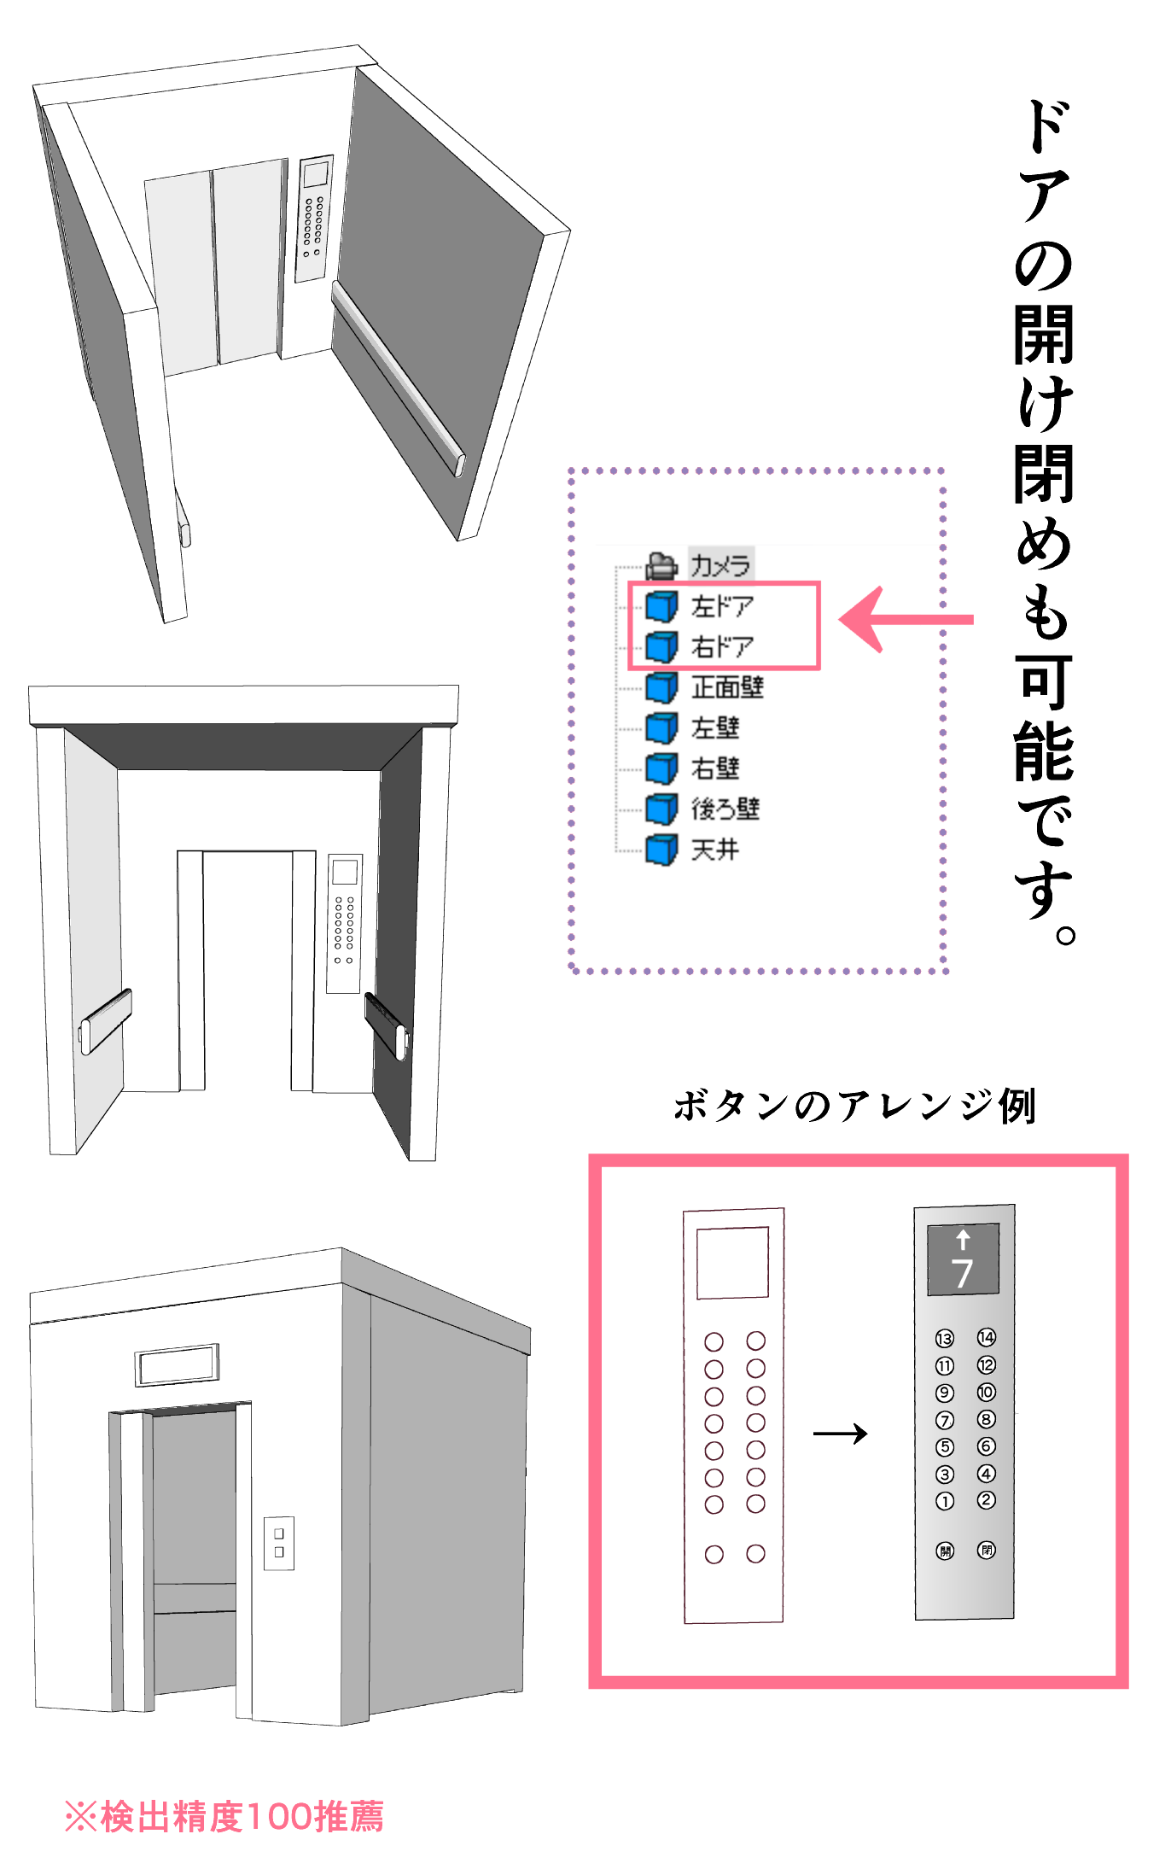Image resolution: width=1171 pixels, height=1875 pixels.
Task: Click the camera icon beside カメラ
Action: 661,564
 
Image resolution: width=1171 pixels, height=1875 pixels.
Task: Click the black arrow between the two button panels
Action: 841,1434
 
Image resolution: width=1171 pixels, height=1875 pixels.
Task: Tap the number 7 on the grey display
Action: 963,1273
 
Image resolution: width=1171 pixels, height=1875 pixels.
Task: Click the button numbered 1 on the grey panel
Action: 945,1501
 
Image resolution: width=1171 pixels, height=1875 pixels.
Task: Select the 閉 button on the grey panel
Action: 987,1550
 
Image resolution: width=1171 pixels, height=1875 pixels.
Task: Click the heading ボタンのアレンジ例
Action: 854,1106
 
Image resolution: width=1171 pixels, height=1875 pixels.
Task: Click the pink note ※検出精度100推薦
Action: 224,1816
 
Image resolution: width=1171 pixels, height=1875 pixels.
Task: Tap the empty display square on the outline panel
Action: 733,1263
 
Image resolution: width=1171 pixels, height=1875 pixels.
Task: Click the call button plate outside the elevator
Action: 279,1543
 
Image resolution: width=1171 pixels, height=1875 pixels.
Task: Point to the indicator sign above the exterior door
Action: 178,1364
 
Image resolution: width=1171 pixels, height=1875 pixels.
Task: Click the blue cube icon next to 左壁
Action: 661,727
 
